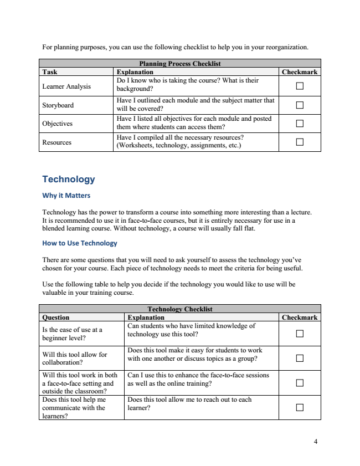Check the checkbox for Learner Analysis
pyautogui.click(x=300, y=86)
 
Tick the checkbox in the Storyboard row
pyautogui.click(x=300, y=105)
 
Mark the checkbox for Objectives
pyautogui.click(x=300, y=124)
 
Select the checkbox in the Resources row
pyautogui.click(x=300, y=142)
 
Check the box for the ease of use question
pyautogui.click(x=300, y=334)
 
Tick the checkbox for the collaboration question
pyautogui.click(x=300, y=358)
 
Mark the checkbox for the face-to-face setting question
pyautogui.click(x=300, y=383)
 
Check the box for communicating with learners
pyautogui.click(x=300, y=407)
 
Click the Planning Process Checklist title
pyautogui.click(x=180, y=64)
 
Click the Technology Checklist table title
pyautogui.click(x=180, y=309)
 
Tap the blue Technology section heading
pyautogui.click(x=69, y=180)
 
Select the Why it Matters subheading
pyautogui.click(x=66, y=196)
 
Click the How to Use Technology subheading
pyautogui.click(x=80, y=243)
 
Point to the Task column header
pyautogui.click(x=50, y=72)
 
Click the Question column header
pyautogui.click(x=56, y=318)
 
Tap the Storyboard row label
pyautogui.click(x=58, y=105)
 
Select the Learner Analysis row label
pyautogui.click(x=66, y=86)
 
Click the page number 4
pyautogui.click(x=316, y=442)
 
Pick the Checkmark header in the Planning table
pyautogui.click(x=300, y=72)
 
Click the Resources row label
pyautogui.click(x=56, y=142)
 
